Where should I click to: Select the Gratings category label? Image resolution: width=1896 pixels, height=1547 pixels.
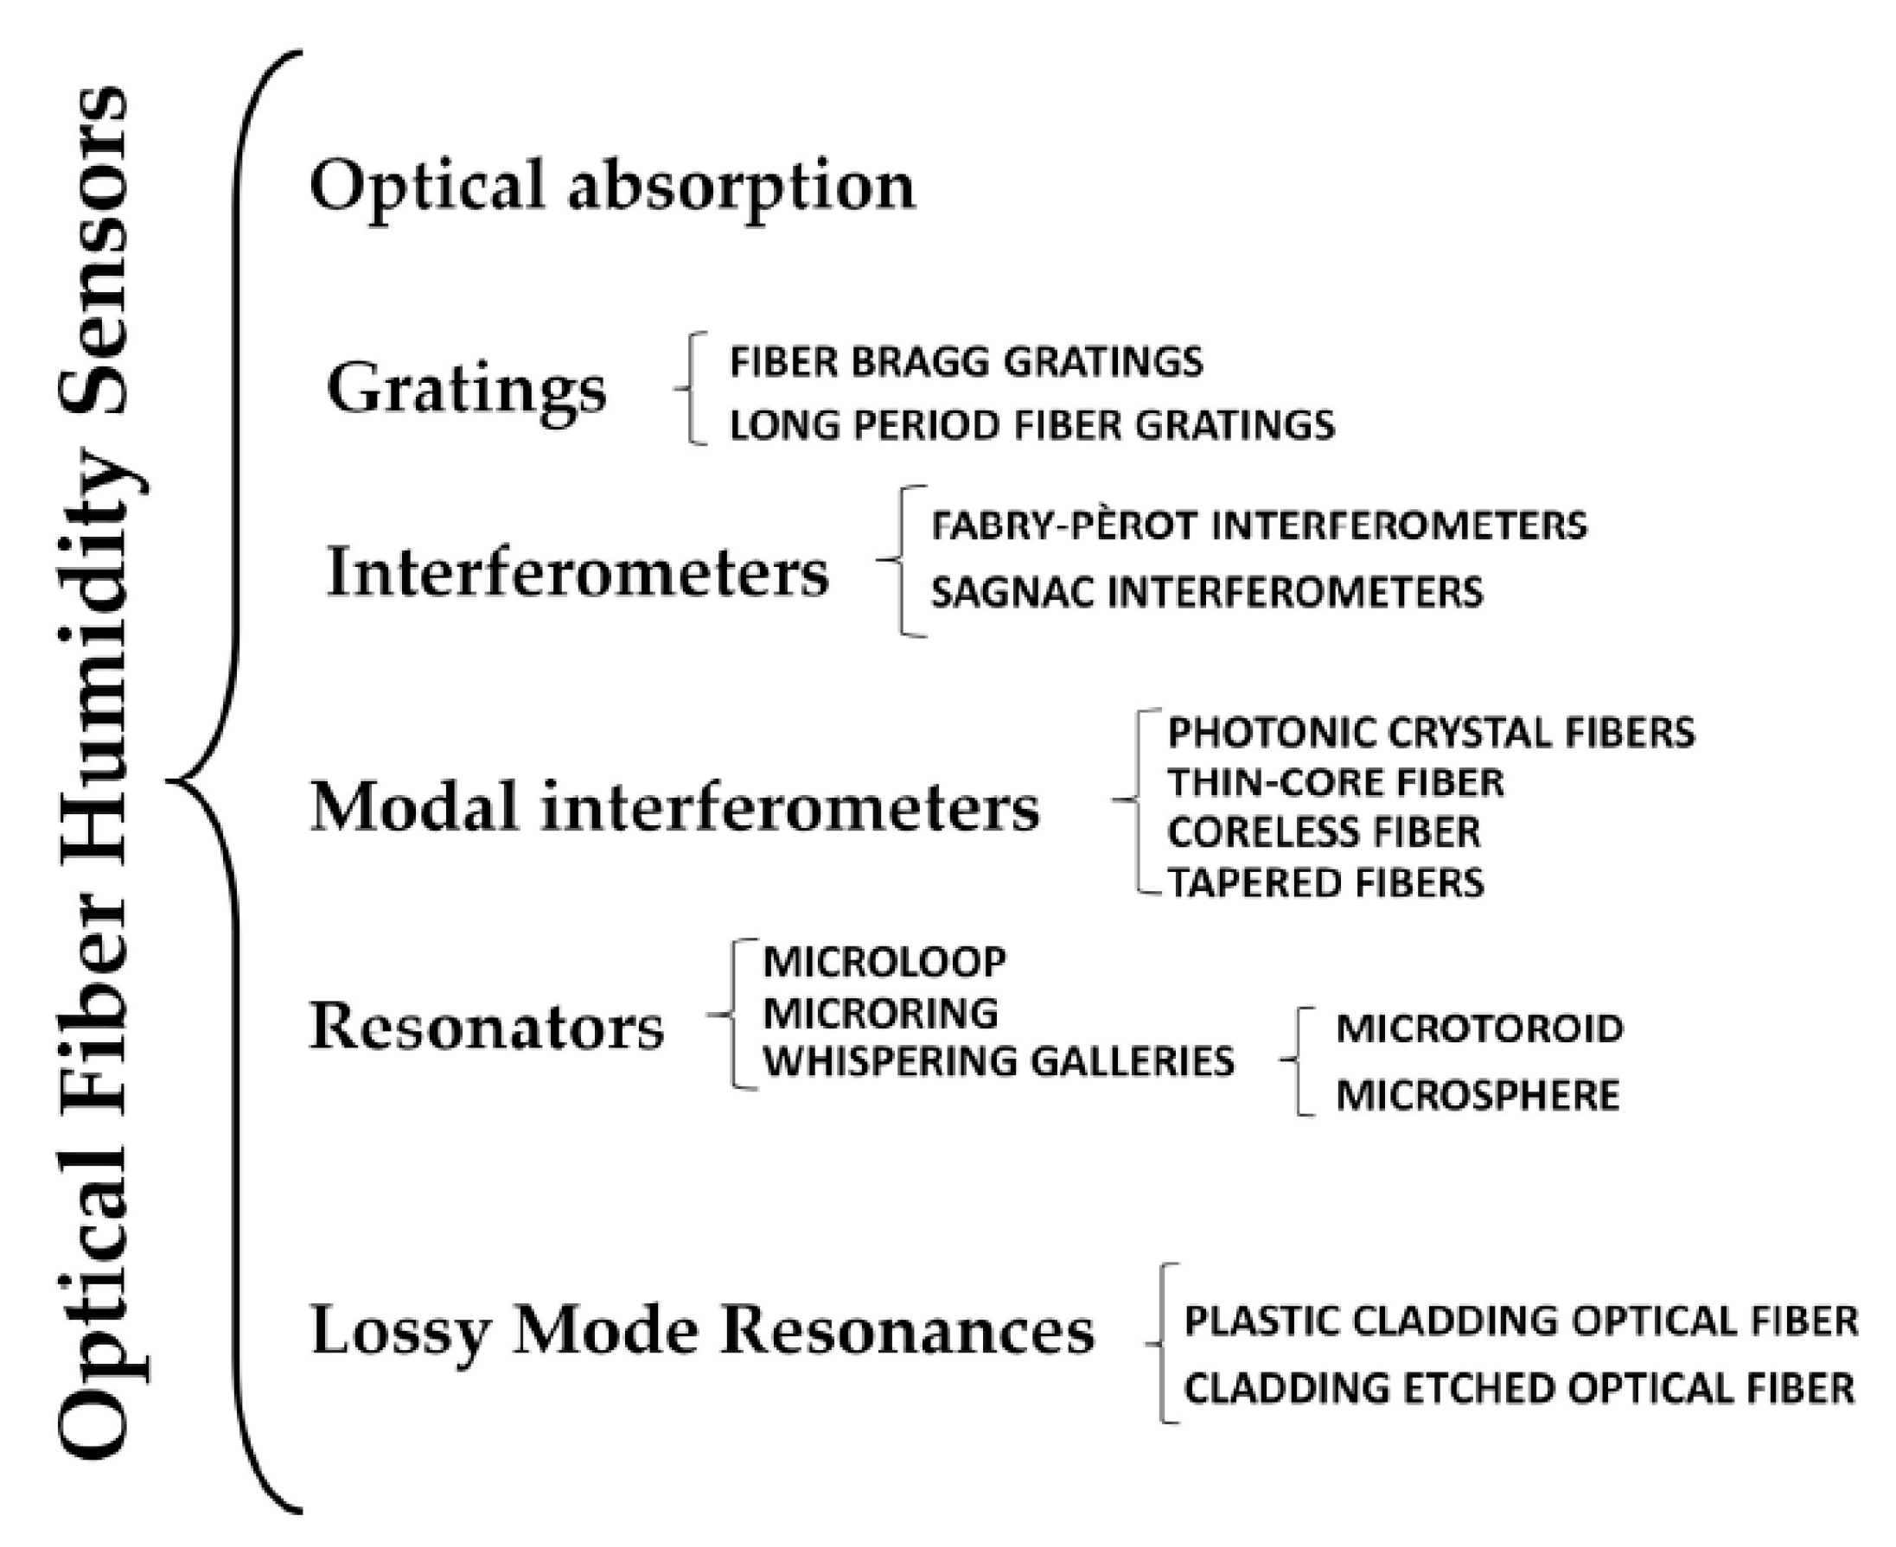(x=466, y=390)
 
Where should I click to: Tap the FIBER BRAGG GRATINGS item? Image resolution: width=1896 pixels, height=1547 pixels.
(x=967, y=362)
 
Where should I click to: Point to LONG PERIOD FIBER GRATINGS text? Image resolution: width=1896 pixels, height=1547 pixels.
(x=1032, y=425)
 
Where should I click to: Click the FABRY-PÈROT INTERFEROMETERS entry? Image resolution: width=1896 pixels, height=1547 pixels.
(x=1259, y=525)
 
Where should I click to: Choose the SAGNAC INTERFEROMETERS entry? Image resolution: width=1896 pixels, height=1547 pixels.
(x=1207, y=593)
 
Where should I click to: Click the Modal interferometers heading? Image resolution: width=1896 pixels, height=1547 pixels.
(x=674, y=807)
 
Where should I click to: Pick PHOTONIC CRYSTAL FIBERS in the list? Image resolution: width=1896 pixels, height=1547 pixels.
(x=1431, y=733)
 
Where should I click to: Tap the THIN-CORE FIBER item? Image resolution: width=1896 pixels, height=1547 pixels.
(x=1335, y=782)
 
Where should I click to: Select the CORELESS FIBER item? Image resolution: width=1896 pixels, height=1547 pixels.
(x=1324, y=832)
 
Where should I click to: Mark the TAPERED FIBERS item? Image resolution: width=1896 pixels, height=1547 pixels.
(x=1325, y=883)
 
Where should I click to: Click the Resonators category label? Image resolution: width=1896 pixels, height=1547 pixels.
(x=487, y=1027)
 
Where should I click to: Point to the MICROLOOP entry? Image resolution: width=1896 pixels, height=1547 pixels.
(x=884, y=962)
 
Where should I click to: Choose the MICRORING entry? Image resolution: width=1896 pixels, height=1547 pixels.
(x=881, y=1012)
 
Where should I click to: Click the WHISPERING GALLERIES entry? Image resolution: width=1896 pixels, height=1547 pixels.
(x=999, y=1061)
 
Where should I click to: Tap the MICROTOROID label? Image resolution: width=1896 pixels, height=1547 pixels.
(x=1480, y=1028)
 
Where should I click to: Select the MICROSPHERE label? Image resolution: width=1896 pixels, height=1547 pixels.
(x=1477, y=1095)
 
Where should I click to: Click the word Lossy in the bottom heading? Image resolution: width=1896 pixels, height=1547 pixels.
(x=400, y=1330)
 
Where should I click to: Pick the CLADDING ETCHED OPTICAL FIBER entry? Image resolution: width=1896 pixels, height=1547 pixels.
(x=1519, y=1388)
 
